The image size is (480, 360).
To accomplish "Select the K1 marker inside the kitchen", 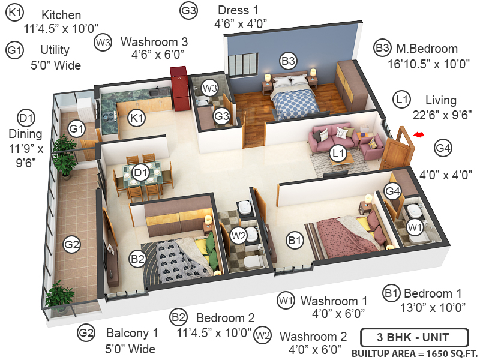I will click(137, 118).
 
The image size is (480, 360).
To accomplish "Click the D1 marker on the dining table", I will click(140, 173).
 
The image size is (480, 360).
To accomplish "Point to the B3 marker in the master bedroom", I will click(289, 61).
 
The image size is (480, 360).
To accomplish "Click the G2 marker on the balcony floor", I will click(72, 244).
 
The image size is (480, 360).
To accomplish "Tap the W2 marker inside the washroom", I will click(239, 235).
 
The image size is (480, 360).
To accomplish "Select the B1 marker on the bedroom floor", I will click(294, 241).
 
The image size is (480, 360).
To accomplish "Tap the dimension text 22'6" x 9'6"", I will click(434, 114).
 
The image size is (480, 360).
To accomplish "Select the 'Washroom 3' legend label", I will click(154, 42).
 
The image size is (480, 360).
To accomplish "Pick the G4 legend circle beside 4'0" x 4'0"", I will click(443, 148).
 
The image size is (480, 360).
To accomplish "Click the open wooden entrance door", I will click(396, 150).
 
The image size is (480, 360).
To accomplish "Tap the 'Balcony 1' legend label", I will click(132, 333).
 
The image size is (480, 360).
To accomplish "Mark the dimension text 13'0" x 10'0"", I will click(432, 308).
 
